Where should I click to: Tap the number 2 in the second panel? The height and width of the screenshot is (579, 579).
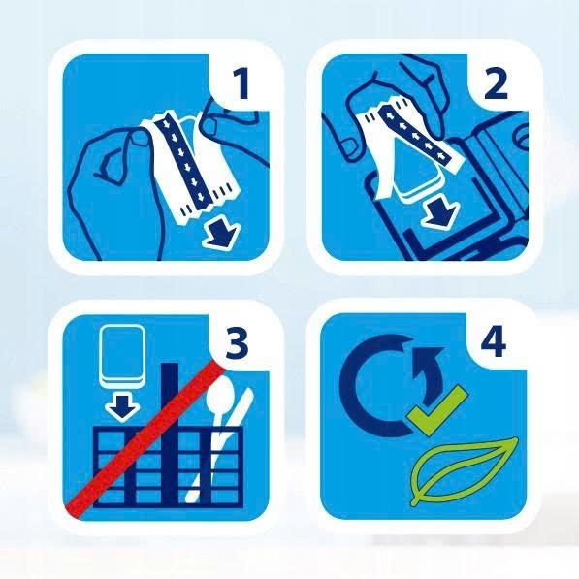pos(496,84)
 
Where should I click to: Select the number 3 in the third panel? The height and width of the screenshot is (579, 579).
pos(237,343)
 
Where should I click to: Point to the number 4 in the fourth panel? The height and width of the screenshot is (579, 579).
pos(494,342)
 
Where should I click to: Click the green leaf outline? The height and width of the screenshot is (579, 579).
pos(465,470)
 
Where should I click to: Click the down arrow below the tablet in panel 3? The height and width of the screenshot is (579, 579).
pos(122,407)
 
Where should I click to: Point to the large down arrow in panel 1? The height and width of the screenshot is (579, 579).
pos(222,234)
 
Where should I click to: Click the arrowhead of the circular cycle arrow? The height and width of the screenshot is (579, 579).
pos(428,359)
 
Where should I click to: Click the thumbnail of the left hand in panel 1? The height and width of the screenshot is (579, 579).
pos(140,138)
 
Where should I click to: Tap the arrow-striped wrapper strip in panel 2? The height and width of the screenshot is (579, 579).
pos(415,134)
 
